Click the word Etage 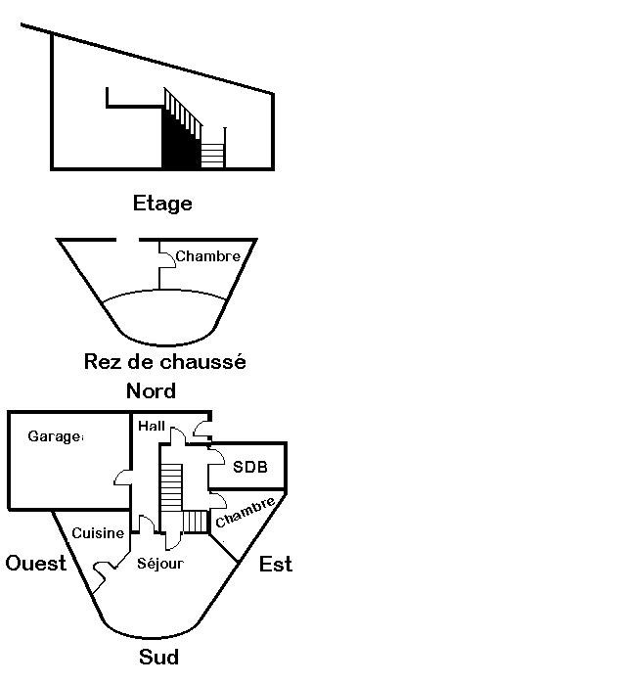pyautogui.click(x=162, y=204)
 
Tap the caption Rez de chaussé pyautogui.click(x=164, y=362)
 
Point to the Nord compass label pyautogui.click(x=152, y=391)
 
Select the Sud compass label pyautogui.click(x=158, y=656)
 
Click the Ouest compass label pyautogui.click(x=36, y=563)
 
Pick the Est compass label pyautogui.click(x=276, y=565)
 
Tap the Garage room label pyautogui.click(x=55, y=437)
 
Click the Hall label pyautogui.click(x=152, y=427)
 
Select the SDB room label pyautogui.click(x=249, y=468)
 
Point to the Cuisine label pyautogui.click(x=98, y=533)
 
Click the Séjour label pyautogui.click(x=160, y=564)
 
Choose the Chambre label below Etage pyautogui.click(x=207, y=256)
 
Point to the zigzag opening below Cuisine pyautogui.click(x=101, y=570)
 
